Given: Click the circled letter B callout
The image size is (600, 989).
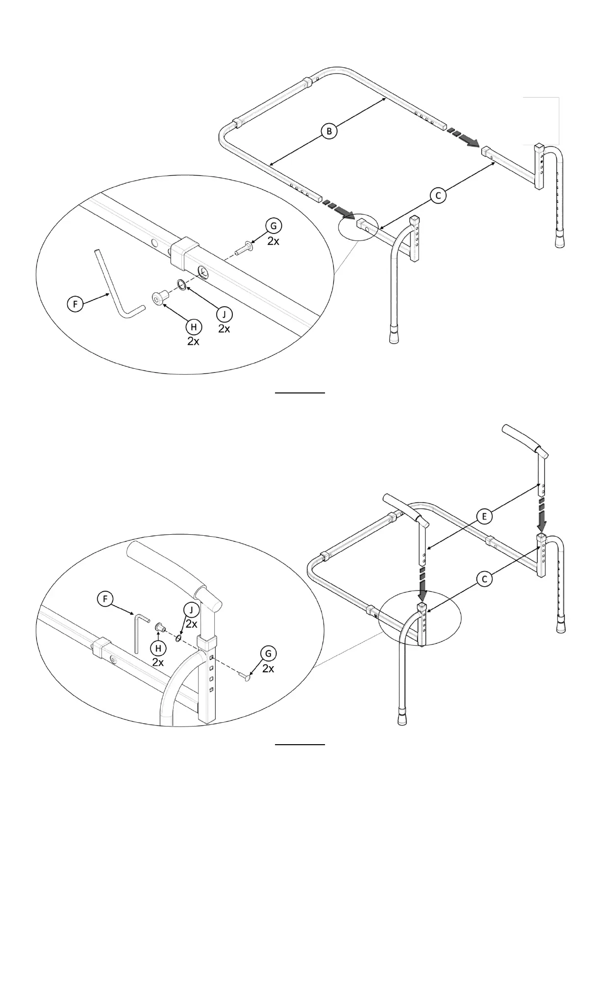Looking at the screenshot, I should [329, 131].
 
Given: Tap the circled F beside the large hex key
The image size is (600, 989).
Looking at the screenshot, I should [75, 304].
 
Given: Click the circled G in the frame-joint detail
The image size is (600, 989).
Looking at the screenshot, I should [274, 226].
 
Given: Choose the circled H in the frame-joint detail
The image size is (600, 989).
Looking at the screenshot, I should [194, 327].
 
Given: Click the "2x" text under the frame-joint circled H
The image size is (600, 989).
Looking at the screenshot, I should [193, 341].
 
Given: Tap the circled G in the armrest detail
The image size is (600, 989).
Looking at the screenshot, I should [268, 653].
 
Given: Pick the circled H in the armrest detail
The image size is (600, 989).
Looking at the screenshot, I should [158, 648].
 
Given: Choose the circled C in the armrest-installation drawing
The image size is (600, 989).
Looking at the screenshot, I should [484, 579].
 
